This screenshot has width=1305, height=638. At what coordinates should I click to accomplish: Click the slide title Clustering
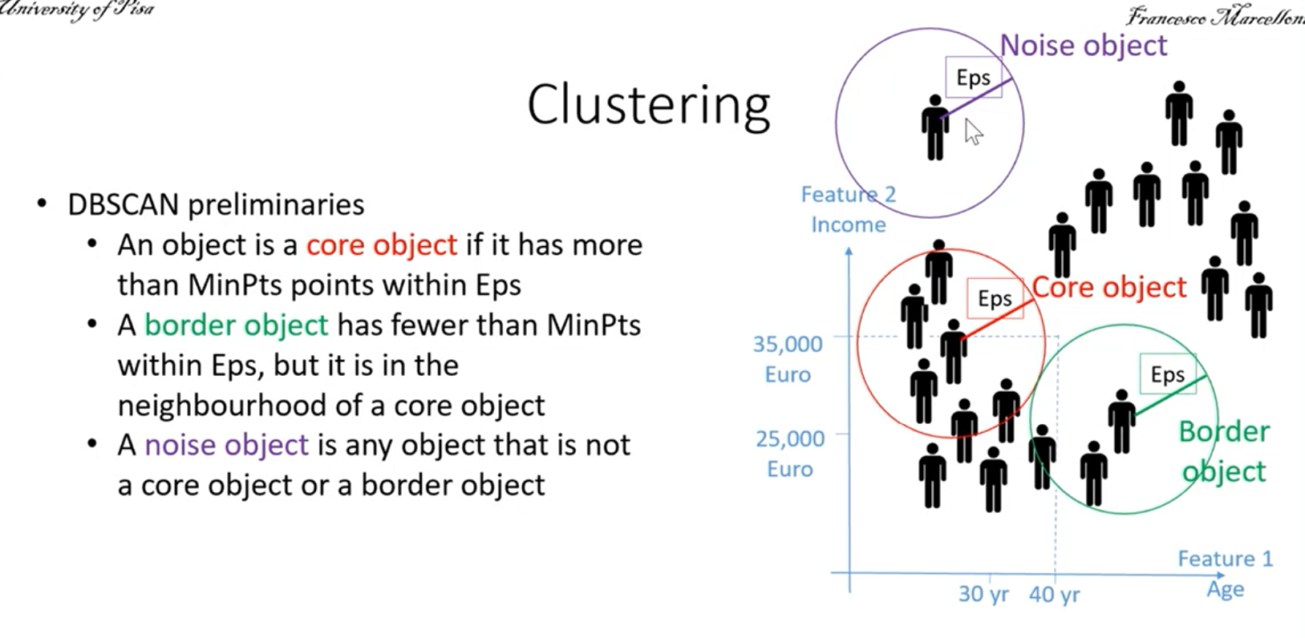[x=648, y=105]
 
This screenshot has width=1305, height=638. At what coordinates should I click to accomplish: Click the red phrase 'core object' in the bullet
[x=381, y=245]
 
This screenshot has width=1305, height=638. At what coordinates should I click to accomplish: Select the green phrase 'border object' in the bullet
[x=236, y=325]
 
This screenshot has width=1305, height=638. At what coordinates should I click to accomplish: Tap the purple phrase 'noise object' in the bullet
[x=226, y=446]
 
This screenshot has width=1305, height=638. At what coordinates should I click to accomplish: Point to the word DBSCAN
[x=124, y=205]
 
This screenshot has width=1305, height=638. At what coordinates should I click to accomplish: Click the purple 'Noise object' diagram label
[x=1083, y=46]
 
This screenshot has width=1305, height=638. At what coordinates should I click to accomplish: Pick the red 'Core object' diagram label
[x=1108, y=288]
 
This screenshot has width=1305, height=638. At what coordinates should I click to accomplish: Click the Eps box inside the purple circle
[x=973, y=78]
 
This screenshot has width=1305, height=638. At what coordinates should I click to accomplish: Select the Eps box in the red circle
[x=995, y=299]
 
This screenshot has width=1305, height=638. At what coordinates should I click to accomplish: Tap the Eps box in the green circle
[x=1167, y=374]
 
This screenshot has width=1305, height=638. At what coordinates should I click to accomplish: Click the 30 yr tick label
[x=983, y=595]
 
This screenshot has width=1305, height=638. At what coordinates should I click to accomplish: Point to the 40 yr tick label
[x=1054, y=595]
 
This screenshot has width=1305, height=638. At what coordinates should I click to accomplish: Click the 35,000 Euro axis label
[x=788, y=359]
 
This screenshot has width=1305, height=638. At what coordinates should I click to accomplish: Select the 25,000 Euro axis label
[x=790, y=454]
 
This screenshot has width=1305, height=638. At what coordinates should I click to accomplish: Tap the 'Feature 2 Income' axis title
[x=848, y=210]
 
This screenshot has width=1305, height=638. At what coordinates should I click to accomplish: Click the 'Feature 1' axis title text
[x=1225, y=559]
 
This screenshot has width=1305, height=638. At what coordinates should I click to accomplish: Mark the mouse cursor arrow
[x=973, y=131]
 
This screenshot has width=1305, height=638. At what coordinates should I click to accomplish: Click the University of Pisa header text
[x=78, y=10]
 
